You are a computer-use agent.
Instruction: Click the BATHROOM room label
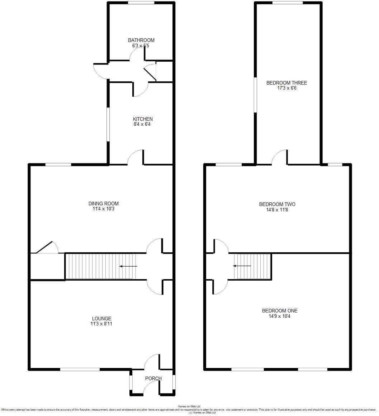(141, 40)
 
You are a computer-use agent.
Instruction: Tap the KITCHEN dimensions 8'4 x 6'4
(143, 124)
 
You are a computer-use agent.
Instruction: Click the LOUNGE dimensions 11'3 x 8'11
(101, 324)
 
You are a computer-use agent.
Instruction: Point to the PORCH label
(153, 378)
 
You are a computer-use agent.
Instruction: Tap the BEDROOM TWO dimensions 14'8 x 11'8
(277, 210)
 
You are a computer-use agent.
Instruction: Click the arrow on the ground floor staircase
(128, 266)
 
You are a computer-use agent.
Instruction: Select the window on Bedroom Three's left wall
(255, 95)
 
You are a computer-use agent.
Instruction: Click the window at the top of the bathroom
(141, 3)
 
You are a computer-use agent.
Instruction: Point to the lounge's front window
(80, 369)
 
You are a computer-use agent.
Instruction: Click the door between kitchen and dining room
(136, 158)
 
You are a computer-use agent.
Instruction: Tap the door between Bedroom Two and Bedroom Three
(280, 158)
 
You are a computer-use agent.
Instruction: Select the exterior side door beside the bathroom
(100, 71)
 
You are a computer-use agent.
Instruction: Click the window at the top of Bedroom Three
(287, 3)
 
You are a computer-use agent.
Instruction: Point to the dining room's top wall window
(58, 164)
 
